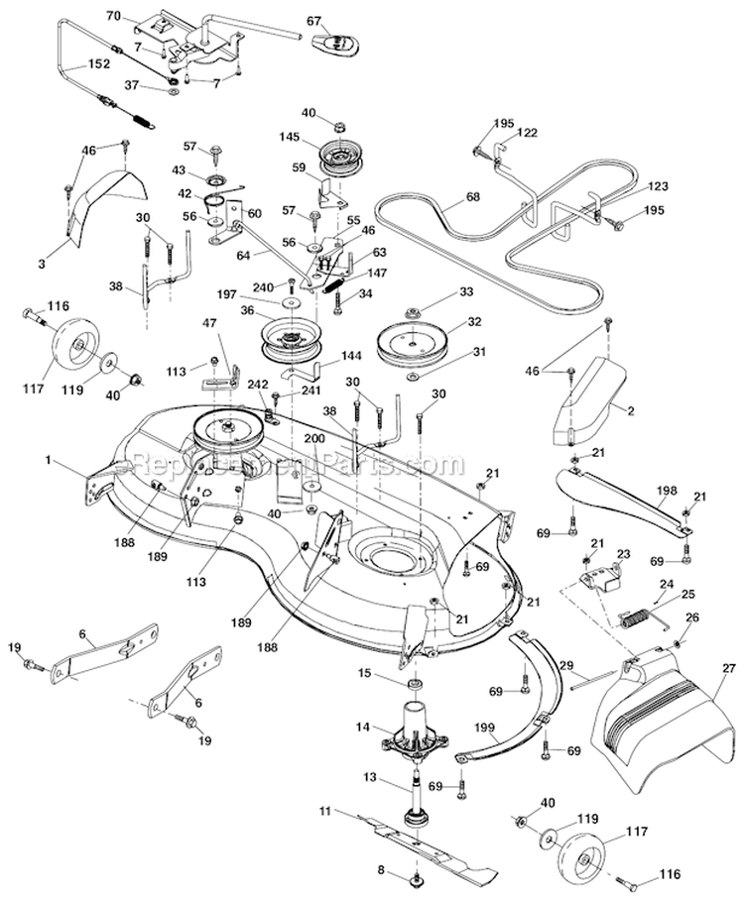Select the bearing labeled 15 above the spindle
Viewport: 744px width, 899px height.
pyautogui.click(x=414, y=685)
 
